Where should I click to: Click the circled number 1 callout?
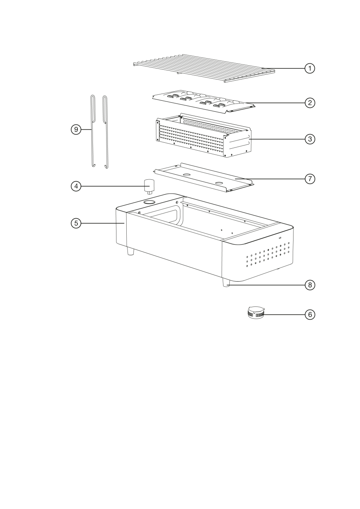[310, 68]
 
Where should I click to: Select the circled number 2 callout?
[310, 103]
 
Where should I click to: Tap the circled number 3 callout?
[310, 139]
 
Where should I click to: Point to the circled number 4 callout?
[76, 186]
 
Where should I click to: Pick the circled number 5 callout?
[76, 223]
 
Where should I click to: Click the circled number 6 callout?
[310, 315]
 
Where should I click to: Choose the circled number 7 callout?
[310, 179]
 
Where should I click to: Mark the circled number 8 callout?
[310, 285]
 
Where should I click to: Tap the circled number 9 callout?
[76, 129]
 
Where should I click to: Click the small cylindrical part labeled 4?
[150, 186]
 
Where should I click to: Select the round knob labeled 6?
[256, 312]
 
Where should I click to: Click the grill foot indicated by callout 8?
[226, 282]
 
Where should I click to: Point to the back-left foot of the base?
[131, 251]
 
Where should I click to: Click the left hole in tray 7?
[187, 175]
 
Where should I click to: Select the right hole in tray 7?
[219, 183]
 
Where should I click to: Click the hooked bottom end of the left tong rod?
[93, 165]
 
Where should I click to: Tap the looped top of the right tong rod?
[105, 97]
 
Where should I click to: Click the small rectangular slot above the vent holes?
[280, 238]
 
